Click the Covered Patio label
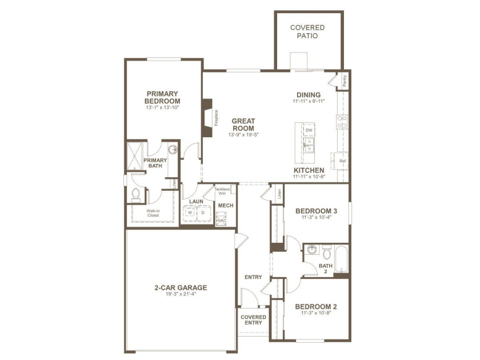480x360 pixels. [307, 31]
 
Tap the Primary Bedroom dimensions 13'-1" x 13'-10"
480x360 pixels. [162, 107]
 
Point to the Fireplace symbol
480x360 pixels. [207, 118]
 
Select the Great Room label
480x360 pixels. [243, 125]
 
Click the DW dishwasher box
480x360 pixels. [309, 130]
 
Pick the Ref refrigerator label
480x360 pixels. [342, 161]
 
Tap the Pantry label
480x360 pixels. [345, 81]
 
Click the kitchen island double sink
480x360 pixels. [309, 145]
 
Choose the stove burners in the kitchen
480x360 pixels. [342, 122]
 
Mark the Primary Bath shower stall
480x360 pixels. [135, 155]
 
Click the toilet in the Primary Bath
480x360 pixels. [135, 195]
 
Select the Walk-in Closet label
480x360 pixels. [153, 213]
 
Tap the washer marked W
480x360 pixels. [190, 213]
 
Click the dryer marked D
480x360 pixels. [203, 213]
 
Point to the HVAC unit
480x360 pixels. [221, 218]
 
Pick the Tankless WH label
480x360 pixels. [222, 191]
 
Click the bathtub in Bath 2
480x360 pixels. [341, 259]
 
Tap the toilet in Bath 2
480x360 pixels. [327, 251]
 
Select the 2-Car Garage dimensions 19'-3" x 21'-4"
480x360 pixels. [181, 294]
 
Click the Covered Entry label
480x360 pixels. [253, 320]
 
